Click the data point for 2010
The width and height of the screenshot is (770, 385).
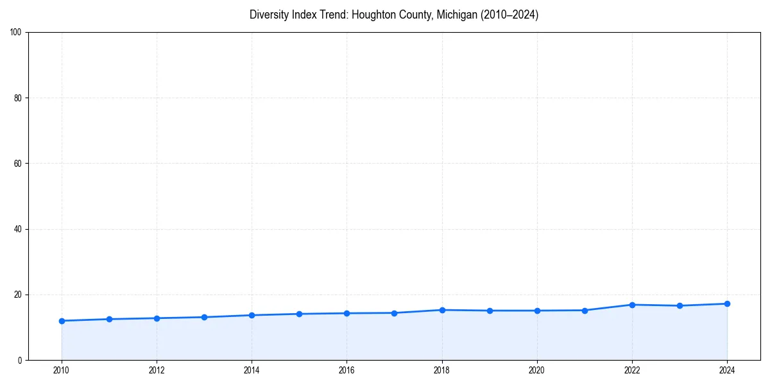(62, 321)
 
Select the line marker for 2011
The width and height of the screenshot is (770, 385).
(109, 319)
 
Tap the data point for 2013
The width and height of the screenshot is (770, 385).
(204, 317)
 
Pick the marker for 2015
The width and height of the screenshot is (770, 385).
(299, 314)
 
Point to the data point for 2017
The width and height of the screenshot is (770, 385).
(394, 313)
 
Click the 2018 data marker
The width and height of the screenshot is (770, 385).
(442, 310)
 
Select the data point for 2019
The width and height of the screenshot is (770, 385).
(490, 311)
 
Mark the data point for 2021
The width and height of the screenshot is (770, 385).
(585, 311)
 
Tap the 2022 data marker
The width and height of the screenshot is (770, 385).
(632, 305)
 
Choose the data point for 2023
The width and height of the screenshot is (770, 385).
(680, 305)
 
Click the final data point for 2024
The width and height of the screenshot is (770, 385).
(727, 304)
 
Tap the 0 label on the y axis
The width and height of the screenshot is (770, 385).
(21, 360)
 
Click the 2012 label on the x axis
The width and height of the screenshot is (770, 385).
(157, 370)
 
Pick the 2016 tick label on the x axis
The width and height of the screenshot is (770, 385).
(346, 370)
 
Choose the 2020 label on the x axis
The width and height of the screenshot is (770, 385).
(537, 370)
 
